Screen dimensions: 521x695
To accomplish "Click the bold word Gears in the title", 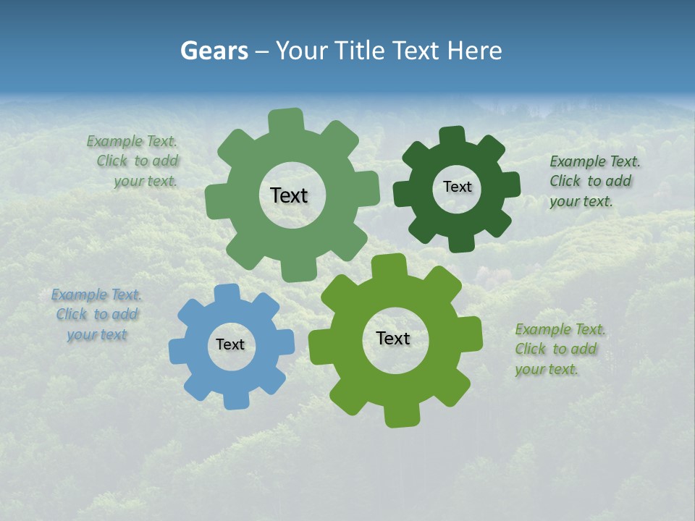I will point(214,51).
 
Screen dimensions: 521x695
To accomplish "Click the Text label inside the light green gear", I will point(289,195).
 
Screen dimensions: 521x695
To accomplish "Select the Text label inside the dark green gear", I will point(457,187).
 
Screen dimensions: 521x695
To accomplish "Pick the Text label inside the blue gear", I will point(230,345).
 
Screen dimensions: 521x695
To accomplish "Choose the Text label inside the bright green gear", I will point(393,338).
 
